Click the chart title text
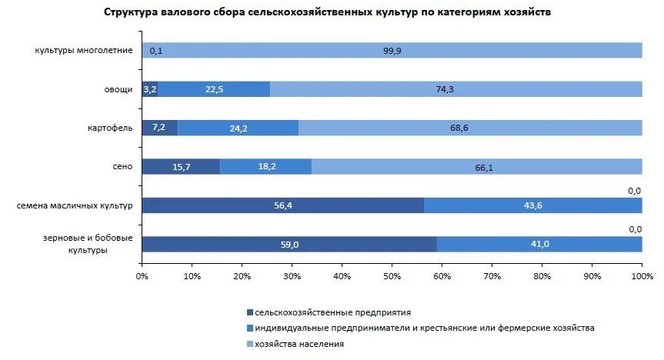tap(327, 13)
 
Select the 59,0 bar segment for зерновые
tap(289, 244)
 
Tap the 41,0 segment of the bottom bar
tap(539, 244)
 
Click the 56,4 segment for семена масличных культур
tap(282, 205)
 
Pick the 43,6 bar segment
tap(532, 205)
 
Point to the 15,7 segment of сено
tap(181, 166)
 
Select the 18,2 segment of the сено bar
tap(265, 166)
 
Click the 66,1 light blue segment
tap(476, 166)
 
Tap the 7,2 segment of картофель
tap(160, 128)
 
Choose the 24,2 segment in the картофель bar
tap(239, 128)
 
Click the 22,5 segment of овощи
tap(214, 89)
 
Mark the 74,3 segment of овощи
tap(455, 89)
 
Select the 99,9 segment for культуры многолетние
tap(392, 51)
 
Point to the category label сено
tap(123, 166)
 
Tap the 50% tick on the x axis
tap(392, 275)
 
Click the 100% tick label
tap(641, 275)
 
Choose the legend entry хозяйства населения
tap(299, 344)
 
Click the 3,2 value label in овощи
tap(149, 89)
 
